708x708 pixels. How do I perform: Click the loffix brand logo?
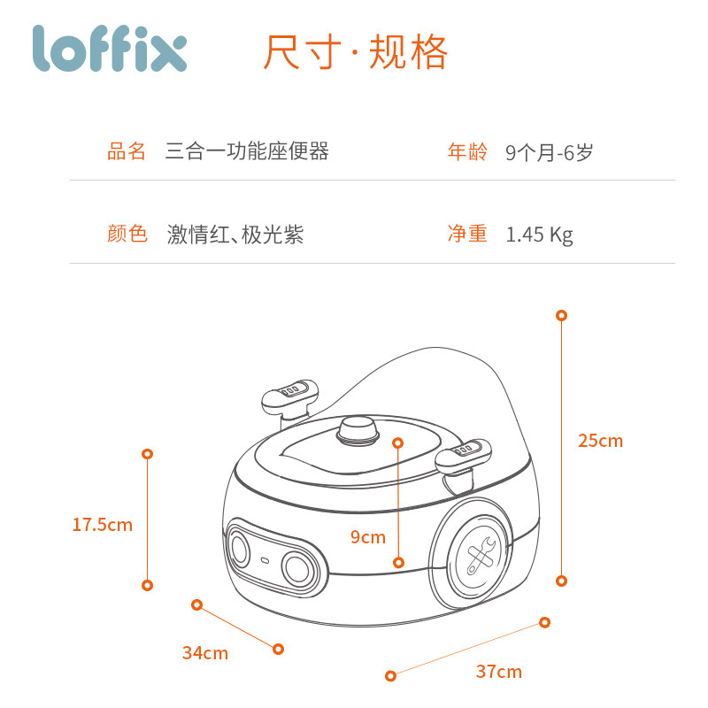[110, 49]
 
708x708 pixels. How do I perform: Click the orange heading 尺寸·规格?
[355, 52]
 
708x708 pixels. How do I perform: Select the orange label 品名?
[127, 151]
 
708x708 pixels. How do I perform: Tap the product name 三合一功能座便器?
[247, 151]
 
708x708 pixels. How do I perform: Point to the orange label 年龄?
[467, 151]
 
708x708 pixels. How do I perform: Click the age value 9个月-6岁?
[549, 152]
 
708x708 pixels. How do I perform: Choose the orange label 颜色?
[127, 234]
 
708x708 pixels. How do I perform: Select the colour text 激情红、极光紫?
[235, 235]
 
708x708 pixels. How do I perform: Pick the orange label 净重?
[467, 234]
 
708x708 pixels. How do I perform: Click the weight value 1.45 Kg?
[540, 235]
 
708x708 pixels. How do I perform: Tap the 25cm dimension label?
[601, 441]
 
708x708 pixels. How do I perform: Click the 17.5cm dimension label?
[103, 525]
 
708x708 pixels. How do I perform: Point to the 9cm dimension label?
[368, 537]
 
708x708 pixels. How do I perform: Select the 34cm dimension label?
[205, 653]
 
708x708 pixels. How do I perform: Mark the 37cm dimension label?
[499, 672]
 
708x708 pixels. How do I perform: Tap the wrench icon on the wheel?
[481, 555]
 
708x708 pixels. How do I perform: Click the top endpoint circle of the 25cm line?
[561, 316]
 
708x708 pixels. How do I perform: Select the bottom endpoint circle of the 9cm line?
[398, 563]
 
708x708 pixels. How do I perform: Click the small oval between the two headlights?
[265, 561]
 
